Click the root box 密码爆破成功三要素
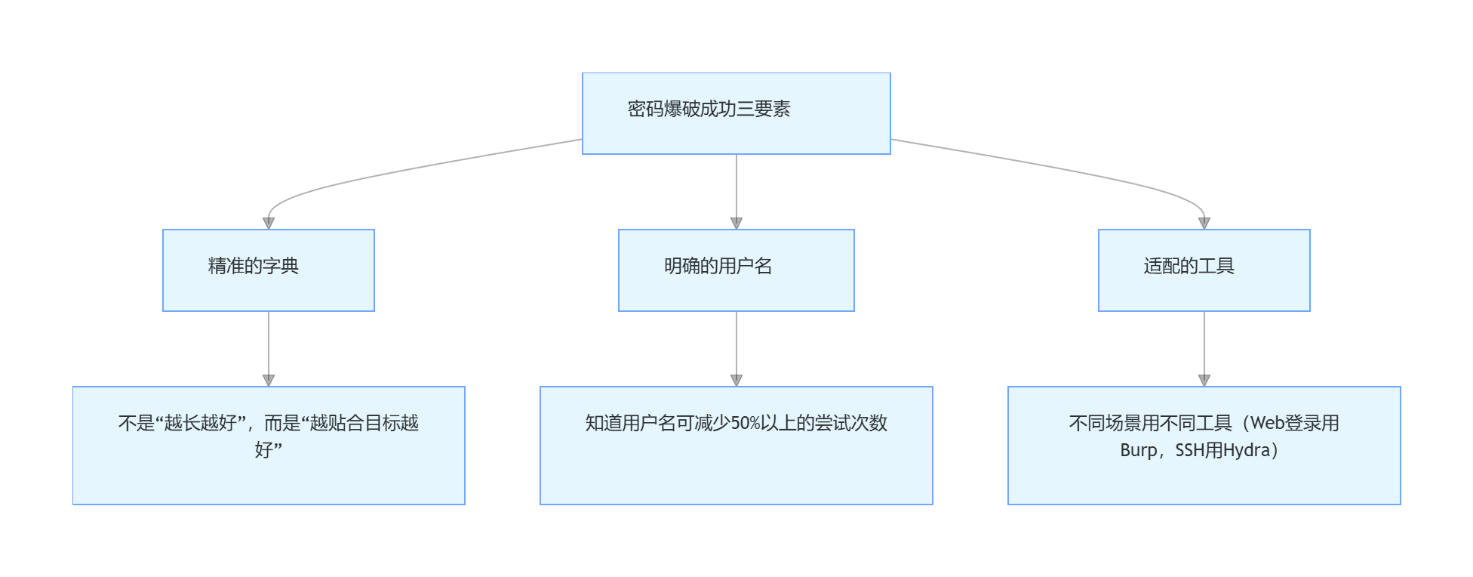(736, 113)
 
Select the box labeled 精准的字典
(268, 270)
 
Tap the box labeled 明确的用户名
(736, 270)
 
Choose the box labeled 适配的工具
(1204, 270)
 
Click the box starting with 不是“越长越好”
(268, 445)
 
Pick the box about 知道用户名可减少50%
(736, 445)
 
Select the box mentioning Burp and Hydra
(1204, 445)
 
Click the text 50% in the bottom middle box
(746, 423)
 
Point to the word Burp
(1138, 450)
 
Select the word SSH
(1189, 450)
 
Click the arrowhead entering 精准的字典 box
(268, 224)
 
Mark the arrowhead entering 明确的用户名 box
(736, 224)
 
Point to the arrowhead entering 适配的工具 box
(1204, 224)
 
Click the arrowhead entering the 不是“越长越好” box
(268, 381)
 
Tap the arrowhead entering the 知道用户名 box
(736, 381)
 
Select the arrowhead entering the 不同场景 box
(1204, 381)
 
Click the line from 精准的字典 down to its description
(268, 344)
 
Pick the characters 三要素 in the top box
(764, 109)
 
